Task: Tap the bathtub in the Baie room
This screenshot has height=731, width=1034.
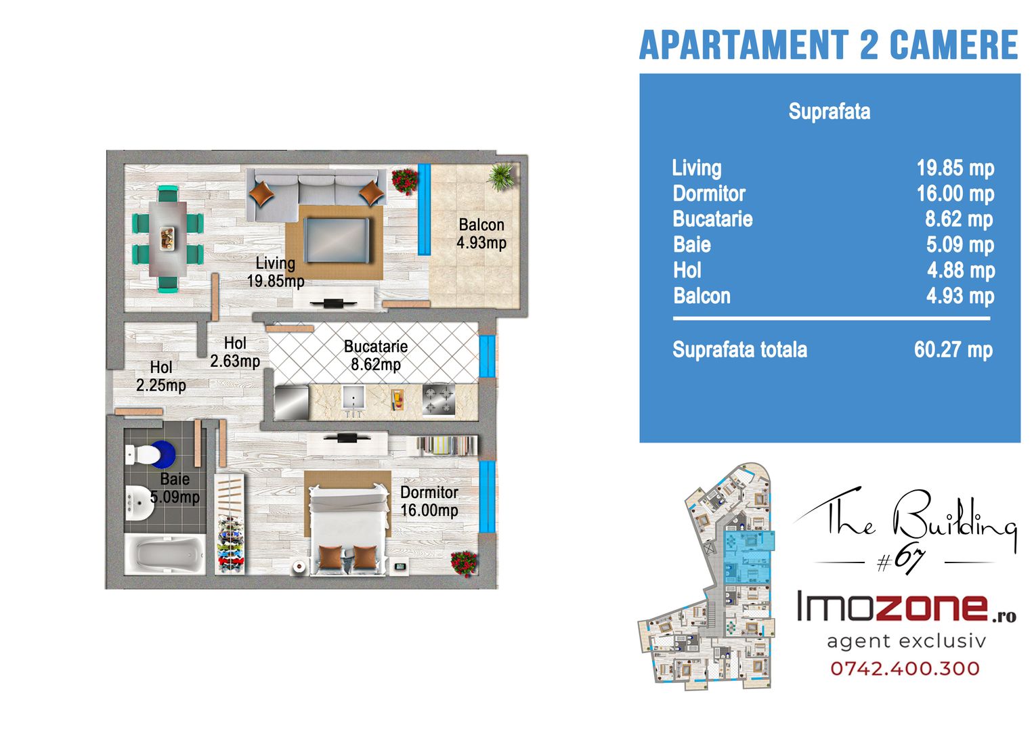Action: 165,554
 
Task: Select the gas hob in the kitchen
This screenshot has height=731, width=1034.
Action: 439,399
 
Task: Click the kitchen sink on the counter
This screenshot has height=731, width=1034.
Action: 353,397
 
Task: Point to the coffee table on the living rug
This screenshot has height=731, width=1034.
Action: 337,240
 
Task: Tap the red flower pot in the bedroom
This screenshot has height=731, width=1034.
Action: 464,563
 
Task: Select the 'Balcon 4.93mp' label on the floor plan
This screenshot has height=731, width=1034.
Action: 481,234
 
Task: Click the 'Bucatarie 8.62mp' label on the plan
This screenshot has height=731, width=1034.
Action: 376,355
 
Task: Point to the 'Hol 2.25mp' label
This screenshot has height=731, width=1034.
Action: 160,376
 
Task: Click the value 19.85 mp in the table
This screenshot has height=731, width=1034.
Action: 955,168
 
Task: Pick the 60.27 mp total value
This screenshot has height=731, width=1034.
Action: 953,350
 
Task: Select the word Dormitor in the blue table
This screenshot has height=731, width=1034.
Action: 709,194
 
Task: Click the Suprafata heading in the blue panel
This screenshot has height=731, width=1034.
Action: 829,111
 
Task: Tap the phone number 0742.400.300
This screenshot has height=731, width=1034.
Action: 905,668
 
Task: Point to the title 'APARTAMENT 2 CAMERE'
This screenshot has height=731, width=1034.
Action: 829,45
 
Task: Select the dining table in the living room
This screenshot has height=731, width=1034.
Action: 167,239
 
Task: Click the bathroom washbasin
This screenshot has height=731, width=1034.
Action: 139,503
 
